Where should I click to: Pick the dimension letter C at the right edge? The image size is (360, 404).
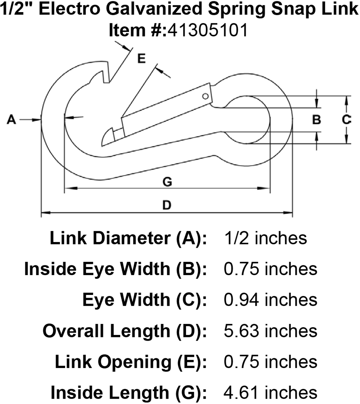(x=346, y=120)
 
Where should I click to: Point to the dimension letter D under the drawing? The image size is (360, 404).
(x=166, y=205)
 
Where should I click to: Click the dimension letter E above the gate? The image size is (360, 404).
(x=141, y=59)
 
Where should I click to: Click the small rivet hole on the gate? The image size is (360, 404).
(x=205, y=96)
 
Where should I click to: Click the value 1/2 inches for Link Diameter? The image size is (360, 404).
(x=265, y=238)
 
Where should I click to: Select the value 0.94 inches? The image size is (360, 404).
(x=270, y=300)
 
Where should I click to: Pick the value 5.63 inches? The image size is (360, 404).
(x=270, y=331)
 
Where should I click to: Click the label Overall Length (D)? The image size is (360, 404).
(x=125, y=331)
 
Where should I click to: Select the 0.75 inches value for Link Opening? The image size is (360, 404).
(x=270, y=362)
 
